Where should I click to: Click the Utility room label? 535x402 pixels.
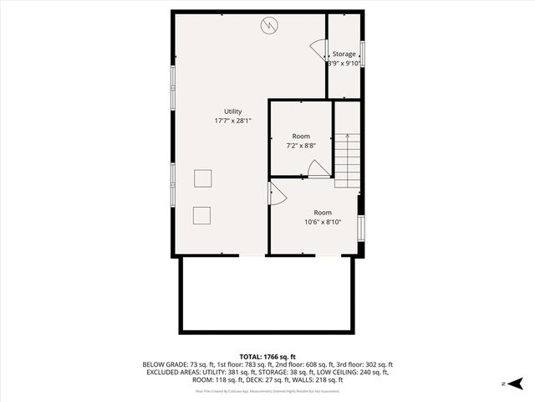232,111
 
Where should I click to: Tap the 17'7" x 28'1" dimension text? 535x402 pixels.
232,121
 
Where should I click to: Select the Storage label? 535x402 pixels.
344,54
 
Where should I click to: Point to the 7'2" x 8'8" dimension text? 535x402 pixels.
301,146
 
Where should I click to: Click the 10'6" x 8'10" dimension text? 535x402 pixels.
322,222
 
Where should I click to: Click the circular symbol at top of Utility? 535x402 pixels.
268,24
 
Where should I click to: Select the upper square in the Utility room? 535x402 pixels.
203,178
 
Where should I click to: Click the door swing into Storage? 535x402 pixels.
317,49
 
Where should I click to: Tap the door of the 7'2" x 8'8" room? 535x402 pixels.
318,169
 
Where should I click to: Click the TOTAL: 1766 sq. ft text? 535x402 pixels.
267,357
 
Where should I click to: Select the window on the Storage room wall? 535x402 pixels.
362,54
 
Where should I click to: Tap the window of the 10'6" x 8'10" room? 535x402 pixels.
362,227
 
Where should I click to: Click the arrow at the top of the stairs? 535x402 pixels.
346,136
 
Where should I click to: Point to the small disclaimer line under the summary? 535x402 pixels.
267,390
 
